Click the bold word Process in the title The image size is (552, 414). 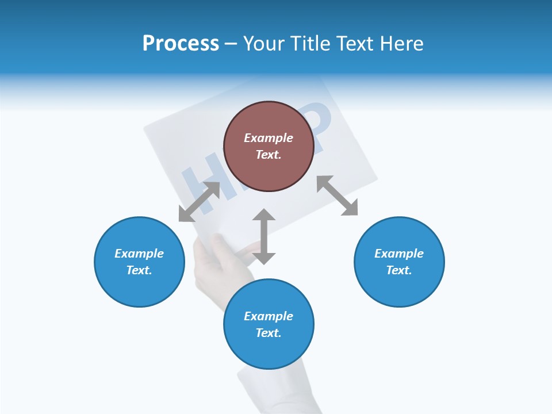181,44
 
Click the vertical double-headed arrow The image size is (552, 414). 264,236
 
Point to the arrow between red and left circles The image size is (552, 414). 200,202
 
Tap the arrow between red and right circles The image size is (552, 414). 337,195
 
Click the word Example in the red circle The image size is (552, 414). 269,138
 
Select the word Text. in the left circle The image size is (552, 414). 139,270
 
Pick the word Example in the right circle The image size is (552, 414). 399,254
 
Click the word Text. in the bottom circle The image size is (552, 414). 269,333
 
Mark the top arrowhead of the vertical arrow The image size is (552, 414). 264,216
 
